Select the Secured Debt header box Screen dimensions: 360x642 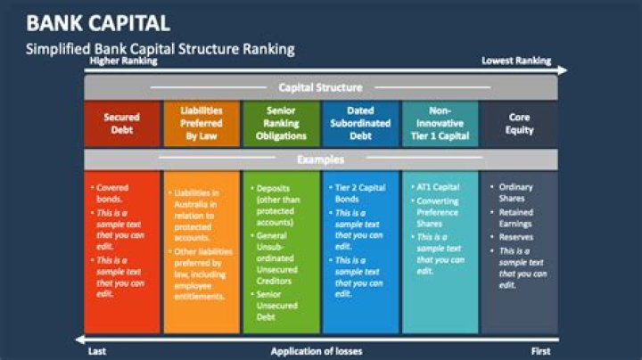pos(121,124)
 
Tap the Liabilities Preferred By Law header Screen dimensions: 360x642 pos(202,124)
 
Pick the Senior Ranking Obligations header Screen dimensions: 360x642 pos(281,124)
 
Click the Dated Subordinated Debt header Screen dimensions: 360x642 pos(360,124)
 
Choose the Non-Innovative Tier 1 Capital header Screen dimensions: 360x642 pos(440,124)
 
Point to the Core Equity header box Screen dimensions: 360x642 pos(519,124)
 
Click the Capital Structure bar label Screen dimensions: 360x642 pos(320,87)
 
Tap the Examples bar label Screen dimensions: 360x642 pos(320,160)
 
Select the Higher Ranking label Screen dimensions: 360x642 pos(123,61)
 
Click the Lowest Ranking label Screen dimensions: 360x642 pos(516,61)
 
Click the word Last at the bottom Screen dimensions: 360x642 pos(98,351)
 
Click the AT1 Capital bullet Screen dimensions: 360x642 pos(438,188)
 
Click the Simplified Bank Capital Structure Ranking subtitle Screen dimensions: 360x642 pos(160,48)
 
